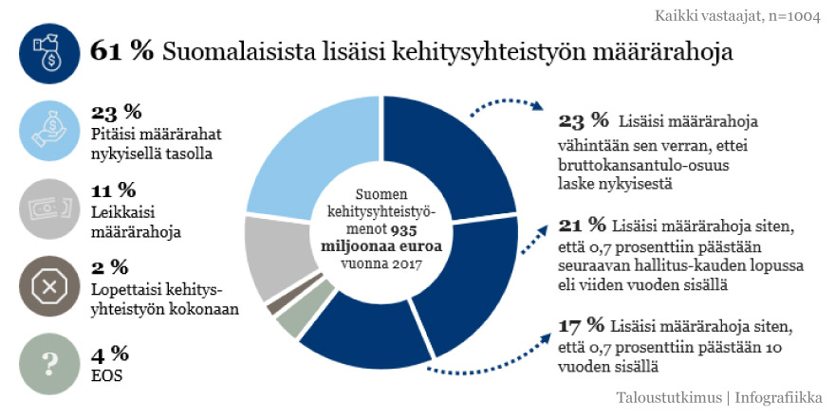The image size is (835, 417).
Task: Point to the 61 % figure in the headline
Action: click(x=121, y=52)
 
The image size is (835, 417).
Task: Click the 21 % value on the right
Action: click(x=583, y=225)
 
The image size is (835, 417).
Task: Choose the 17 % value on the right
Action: click(x=583, y=327)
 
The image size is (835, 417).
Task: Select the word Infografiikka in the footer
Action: click(x=778, y=397)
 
